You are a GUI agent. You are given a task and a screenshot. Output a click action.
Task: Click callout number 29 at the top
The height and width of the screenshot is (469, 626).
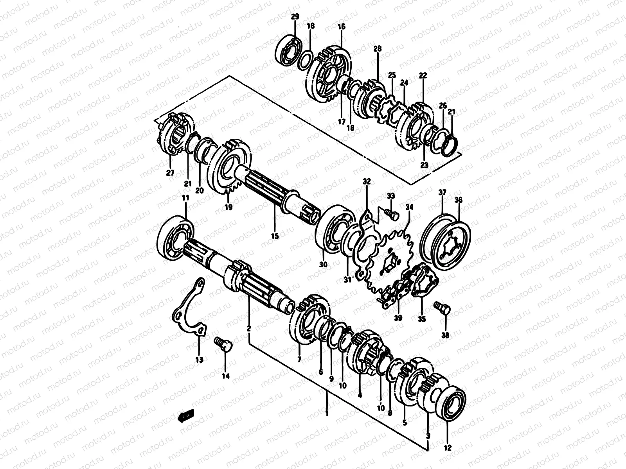coord(295,16)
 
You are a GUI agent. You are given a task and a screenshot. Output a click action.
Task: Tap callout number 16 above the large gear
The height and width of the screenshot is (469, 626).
coord(341,27)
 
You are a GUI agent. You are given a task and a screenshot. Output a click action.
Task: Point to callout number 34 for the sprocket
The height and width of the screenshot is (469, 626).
coord(409,207)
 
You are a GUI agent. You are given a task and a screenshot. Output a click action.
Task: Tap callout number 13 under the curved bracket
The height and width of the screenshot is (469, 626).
coord(199,360)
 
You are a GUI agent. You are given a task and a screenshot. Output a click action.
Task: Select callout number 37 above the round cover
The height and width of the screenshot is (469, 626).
coord(442,192)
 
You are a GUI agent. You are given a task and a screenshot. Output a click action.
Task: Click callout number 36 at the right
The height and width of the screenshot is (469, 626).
coord(459,200)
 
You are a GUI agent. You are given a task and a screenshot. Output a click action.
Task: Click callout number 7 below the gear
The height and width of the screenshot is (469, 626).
coord(299,359)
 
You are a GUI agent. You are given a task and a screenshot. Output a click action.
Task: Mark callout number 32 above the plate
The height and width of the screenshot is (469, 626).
coord(366,181)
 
